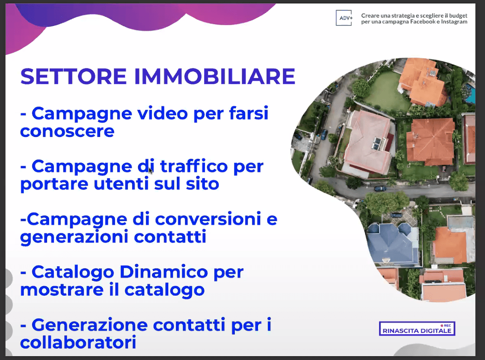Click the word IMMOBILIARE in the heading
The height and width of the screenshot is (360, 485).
tap(215, 76)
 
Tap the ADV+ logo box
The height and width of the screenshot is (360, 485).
tap(344, 18)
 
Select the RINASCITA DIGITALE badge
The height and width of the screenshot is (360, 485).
tap(417, 329)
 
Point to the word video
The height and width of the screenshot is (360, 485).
tap(163, 113)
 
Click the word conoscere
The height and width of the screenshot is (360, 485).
tap(67, 131)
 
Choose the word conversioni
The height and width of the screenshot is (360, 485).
tap(208, 219)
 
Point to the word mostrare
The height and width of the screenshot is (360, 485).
tap(62, 290)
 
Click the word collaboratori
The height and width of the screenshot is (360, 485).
tap(78, 342)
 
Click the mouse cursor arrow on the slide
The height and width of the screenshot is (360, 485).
tap(151, 171)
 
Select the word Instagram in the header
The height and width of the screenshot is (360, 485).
tap(454, 22)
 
